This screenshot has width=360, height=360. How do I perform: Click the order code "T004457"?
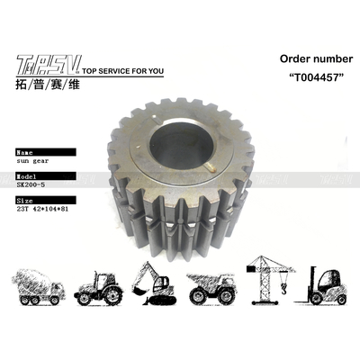pos(287,77)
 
